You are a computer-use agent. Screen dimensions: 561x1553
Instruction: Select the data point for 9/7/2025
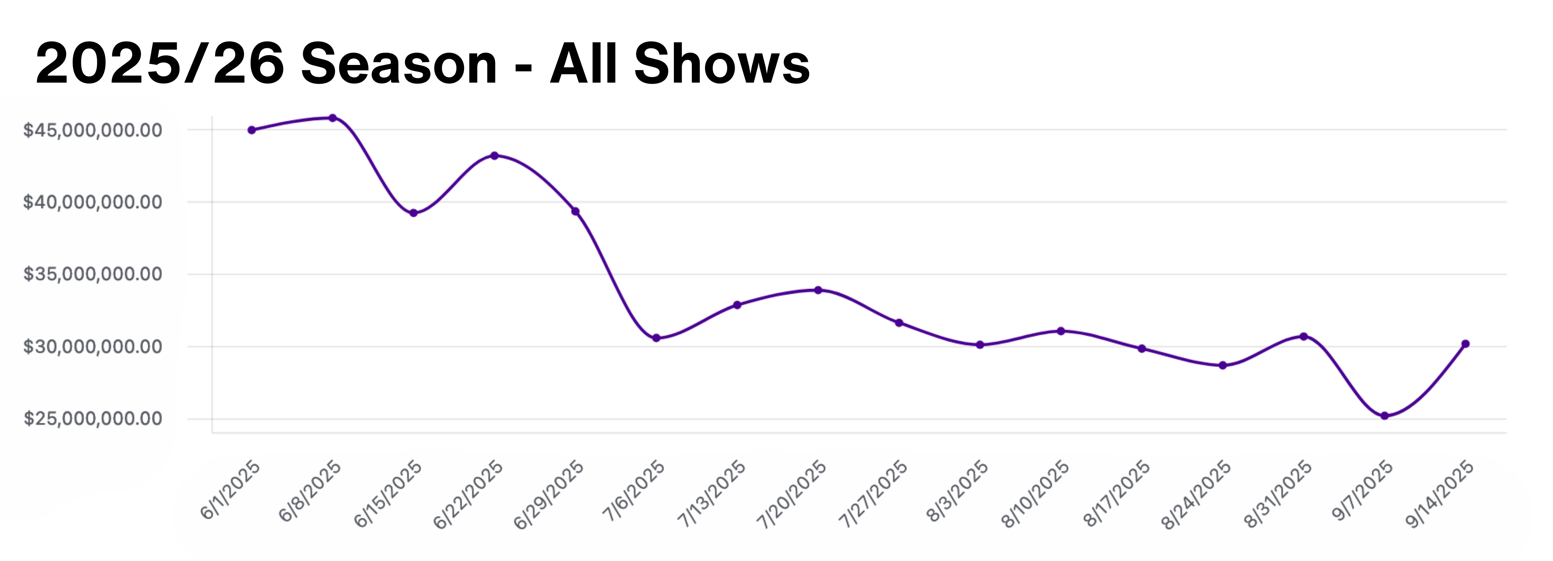pos(1384,415)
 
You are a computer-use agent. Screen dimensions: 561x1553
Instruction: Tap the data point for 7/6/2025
pos(656,338)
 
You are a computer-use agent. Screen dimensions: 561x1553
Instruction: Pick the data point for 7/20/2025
pos(818,290)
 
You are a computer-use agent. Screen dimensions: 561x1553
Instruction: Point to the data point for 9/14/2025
pos(1466,344)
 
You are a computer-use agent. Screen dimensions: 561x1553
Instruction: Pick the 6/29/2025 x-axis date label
pos(548,495)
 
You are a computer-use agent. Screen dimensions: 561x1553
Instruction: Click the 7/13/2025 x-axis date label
pos(711,495)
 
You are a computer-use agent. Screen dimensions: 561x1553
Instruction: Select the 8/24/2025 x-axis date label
pos(1197,495)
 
